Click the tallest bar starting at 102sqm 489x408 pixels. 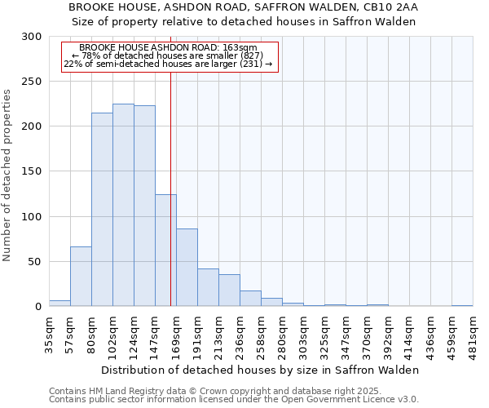coord(123,205)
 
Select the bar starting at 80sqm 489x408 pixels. coord(102,210)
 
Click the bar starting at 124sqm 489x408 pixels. coord(144,206)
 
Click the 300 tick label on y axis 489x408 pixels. coord(32,37)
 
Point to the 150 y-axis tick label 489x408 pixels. coord(32,172)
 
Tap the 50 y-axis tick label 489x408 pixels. coord(35,262)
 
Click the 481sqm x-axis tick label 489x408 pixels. coord(474,335)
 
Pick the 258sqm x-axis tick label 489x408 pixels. coord(262,335)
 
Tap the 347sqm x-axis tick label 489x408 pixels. coord(346,335)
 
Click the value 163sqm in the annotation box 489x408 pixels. coord(244,48)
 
